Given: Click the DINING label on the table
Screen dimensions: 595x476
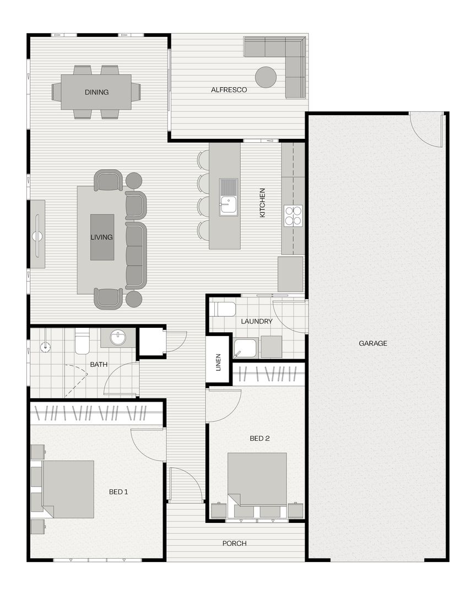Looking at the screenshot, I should point(96,93).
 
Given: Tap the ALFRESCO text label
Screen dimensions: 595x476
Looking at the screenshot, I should point(229,90).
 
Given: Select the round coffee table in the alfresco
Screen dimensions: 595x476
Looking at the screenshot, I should point(266,77).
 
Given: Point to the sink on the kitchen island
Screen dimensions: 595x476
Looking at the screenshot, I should point(228,197).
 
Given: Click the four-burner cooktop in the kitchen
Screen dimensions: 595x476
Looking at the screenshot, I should point(293,215).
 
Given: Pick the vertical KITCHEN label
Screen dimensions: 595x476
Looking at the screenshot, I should point(262,202).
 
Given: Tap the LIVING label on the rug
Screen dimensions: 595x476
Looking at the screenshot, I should point(102,237).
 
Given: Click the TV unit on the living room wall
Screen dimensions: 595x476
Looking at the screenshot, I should point(37,234).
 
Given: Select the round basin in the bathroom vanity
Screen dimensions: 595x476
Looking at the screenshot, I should point(118,337).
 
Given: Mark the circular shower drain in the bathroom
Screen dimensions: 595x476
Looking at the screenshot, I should point(45,347).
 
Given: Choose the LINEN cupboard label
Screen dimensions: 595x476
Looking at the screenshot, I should point(218,361).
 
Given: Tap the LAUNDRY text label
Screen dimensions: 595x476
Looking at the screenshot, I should point(257,321).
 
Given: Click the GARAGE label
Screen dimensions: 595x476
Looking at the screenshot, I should point(373,343).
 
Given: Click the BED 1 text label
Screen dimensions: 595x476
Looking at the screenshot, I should point(118,491).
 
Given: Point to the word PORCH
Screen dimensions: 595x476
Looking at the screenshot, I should point(234,543).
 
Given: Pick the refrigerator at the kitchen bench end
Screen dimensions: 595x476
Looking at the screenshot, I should point(290,274).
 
